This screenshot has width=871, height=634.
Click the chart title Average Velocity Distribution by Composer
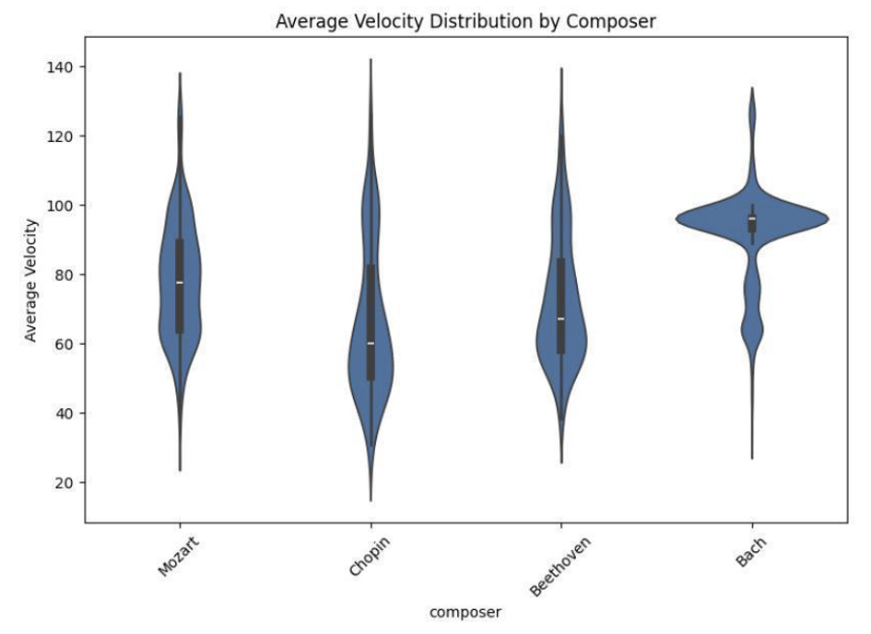(x=465, y=22)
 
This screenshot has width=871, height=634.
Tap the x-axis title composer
(x=465, y=611)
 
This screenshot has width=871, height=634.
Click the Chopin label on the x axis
(x=369, y=557)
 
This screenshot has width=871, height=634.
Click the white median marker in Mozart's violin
(x=180, y=282)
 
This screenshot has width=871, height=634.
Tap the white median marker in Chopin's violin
(x=371, y=343)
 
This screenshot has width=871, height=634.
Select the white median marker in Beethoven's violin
(x=560, y=319)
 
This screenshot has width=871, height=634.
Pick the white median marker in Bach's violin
(x=752, y=218)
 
